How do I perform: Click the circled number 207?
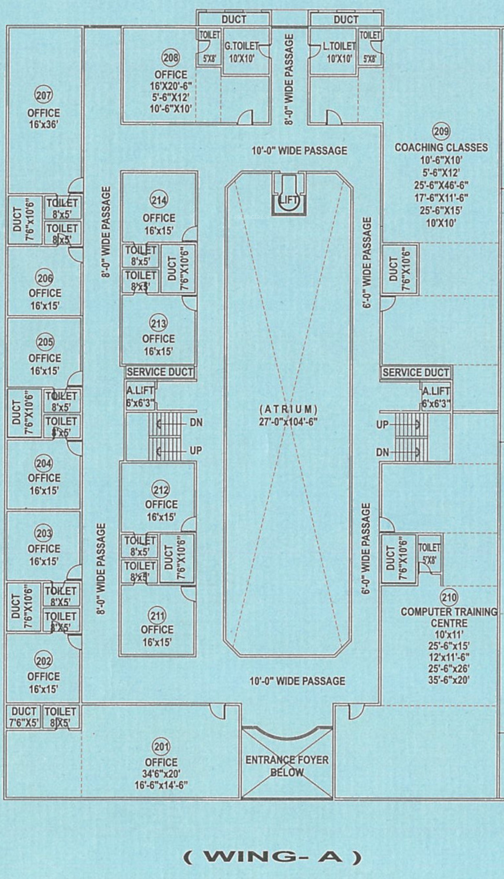click(x=43, y=95)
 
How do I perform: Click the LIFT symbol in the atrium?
click(x=288, y=200)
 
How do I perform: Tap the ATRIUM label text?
click(x=289, y=410)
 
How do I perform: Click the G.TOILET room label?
click(x=242, y=46)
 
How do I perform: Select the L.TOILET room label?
click(x=339, y=46)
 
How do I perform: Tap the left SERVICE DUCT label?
click(x=160, y=372)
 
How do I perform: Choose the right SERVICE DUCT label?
click(x=416, y=372)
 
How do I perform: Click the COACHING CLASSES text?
click(x=441, y=147)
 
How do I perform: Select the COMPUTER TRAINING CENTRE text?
click(x=449, y=617)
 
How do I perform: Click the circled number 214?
click(x=158, y=200)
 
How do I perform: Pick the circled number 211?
click(x=157, y=616)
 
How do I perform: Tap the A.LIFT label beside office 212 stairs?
click(x=140, y=391)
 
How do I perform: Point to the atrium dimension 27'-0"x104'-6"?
click(x=289, y=422)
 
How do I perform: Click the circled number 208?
click(x=171, y=58)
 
